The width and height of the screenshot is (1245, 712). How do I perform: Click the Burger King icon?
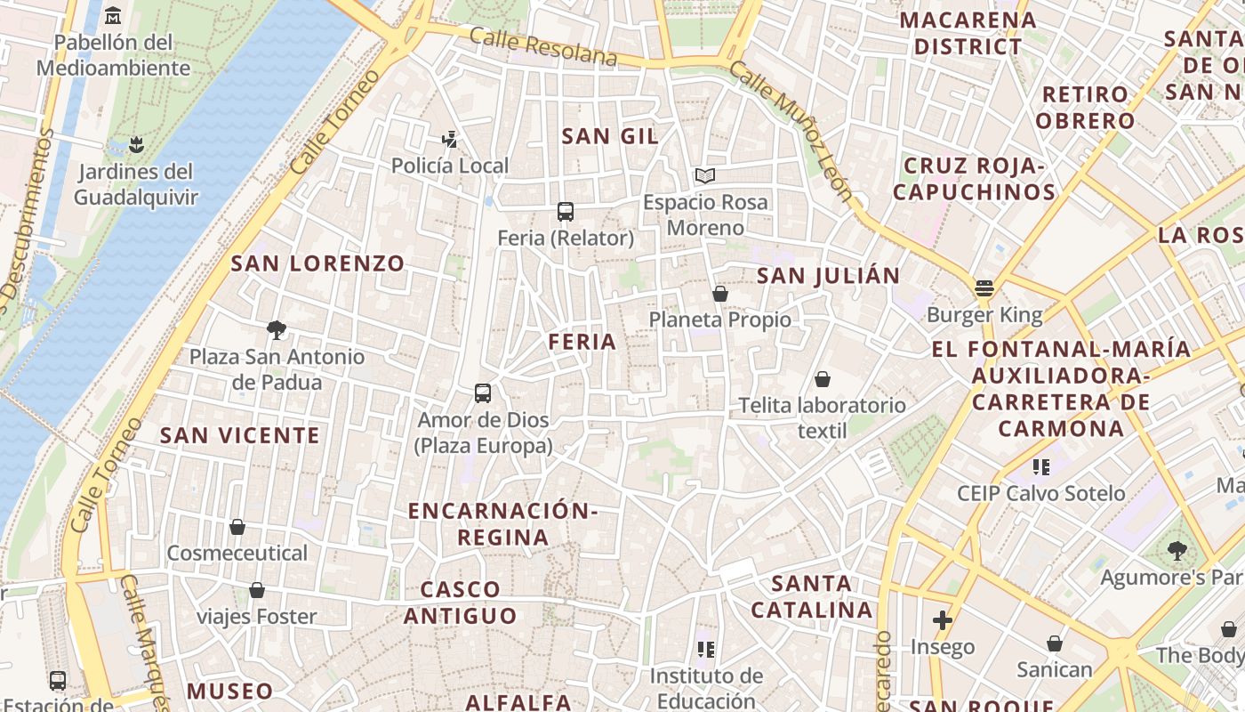(x=984, y=288)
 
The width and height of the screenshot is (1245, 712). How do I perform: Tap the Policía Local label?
(x=450, y=166)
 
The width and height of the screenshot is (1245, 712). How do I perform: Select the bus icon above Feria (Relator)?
(x=566, y=212)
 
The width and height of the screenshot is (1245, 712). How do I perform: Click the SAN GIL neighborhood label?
(x=610, y=136)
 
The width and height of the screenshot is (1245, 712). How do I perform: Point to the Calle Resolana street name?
(x=542, y=46)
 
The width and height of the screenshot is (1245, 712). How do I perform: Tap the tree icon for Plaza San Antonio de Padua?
(x=277, y=330)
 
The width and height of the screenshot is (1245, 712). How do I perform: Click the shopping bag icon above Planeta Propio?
(x=720, y=293)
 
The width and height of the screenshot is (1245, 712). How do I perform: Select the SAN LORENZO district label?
(x=317, y=263)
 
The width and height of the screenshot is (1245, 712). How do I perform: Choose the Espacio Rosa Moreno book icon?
(x=705, y=176)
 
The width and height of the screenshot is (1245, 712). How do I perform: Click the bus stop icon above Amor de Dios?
(x=483, y=392)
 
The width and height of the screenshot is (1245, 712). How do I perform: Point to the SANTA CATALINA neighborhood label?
(x=812, y=596)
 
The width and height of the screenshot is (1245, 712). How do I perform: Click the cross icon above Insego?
(x=943, y=619)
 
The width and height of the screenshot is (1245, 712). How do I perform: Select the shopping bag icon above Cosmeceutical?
(x=237, y=527)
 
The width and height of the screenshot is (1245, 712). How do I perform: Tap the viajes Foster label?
(x=256, y=617)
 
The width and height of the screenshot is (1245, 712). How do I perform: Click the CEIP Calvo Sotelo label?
(x=1040, y=493)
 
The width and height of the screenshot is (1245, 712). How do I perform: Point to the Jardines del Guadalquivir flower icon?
(x=135, y=144)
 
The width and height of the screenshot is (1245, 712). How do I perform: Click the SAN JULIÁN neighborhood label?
(x=829, y=276)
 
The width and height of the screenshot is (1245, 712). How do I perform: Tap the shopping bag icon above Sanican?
(x=1055, y=643)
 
